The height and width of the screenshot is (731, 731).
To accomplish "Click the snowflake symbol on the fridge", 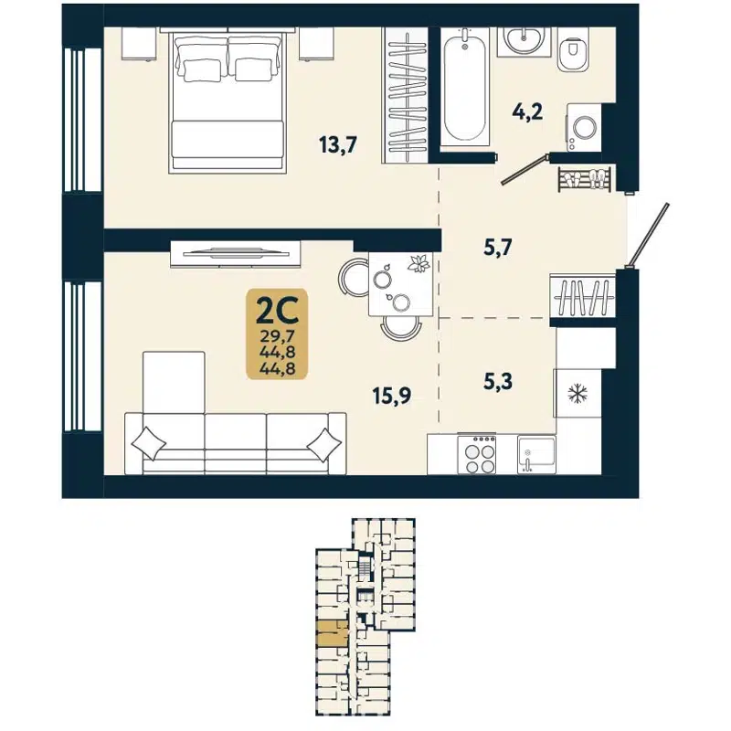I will click(577, 395).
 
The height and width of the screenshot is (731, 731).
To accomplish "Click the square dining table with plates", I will click(403, 282).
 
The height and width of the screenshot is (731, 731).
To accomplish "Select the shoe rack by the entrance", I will click(585, 178).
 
